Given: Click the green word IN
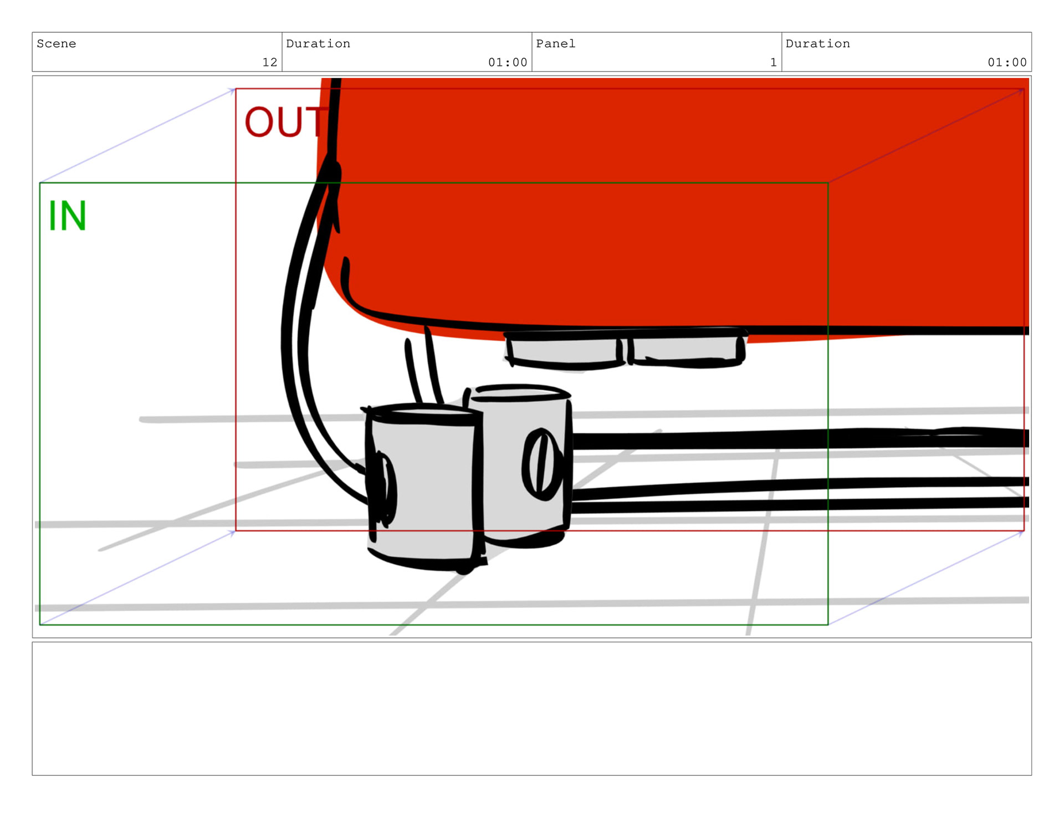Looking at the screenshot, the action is point(67,216).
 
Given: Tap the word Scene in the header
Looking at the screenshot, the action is point(56,44).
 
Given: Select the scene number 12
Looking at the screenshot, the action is point(269,62).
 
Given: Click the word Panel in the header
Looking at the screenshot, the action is point(555,44).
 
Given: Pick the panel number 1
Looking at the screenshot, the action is point(773,62).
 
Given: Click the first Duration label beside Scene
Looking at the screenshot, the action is point(318,44).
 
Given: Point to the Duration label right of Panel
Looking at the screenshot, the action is point(817,44).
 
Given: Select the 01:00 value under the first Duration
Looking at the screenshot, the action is point(507,62).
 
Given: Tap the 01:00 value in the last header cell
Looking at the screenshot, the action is point(1007,62).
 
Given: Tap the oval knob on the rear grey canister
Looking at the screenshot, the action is point(542,463).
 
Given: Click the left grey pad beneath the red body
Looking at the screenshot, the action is point(564,351).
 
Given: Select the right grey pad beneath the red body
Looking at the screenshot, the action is point(686,350).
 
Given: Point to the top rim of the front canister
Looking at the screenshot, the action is point(420,411).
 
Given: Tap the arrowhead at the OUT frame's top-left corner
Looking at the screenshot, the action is point(233,90).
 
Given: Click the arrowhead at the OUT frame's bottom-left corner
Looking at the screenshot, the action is point(233,533).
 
